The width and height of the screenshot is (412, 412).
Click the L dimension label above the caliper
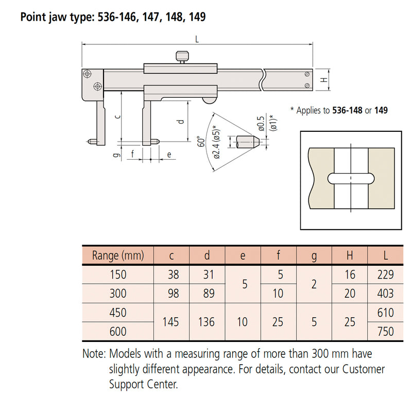(198, 39)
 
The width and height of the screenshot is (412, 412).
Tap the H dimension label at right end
(323, 80)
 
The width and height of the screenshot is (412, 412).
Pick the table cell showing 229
(385, 274)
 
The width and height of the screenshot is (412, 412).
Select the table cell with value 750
(385, 332)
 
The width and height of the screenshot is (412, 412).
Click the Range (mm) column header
(118, 255)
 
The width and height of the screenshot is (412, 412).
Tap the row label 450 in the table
(118, 313)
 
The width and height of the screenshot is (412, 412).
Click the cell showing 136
(207, 322)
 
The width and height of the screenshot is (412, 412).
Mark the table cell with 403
(385, 294)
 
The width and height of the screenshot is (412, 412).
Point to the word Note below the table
(93, 354)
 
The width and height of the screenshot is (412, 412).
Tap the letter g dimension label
(117, 153)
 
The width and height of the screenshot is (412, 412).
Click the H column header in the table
(349, 255)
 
